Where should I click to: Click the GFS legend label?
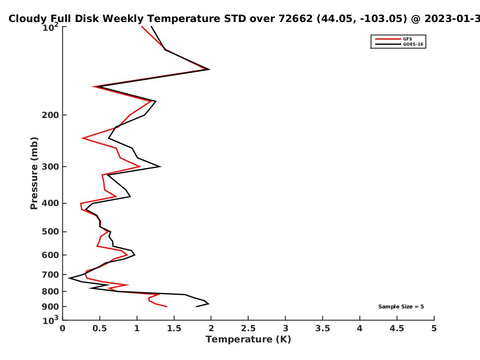click(x=407, y=39)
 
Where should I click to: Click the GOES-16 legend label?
click(x=413, y=44)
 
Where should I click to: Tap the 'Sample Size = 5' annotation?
click(x=401, y=307)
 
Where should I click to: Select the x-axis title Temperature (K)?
click(x=248, y=340)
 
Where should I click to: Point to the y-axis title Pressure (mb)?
click(x=34, y=173)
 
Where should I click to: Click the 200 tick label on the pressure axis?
click(x=50, y=115)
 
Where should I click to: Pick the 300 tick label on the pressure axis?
click(x=50, y=167)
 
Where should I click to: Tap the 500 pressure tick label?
click(x=50, y=232)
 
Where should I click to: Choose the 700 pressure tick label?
click(x=50, y=275)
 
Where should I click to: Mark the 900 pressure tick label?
click(x=50, y=307)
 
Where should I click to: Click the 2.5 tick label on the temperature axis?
click(x=248, y=328)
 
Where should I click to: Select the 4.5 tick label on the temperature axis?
click(x=397, y=328)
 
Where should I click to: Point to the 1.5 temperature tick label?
click(x=174, y=328)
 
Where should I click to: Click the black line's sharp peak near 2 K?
click(x=210, y=70)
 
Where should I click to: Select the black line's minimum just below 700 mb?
click(x=69, y=278)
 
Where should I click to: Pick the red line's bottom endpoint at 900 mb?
click(x=167, y=307)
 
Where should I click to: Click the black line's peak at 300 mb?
click(x=160, y=166)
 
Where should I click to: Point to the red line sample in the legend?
click(x=388, y=39)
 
